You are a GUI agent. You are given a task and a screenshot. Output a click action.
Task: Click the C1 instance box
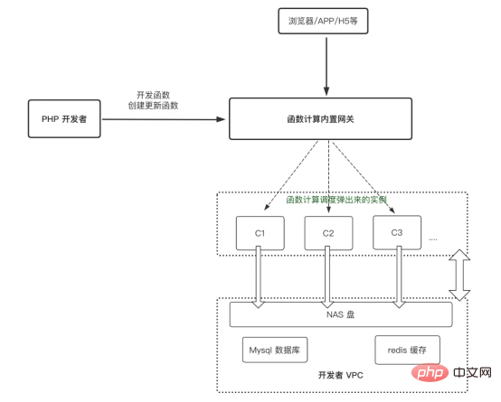tap(260, 232)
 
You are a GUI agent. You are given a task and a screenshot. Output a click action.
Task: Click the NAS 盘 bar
tap(341, 315)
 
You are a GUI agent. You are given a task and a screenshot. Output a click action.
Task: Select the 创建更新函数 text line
tap(153, 106)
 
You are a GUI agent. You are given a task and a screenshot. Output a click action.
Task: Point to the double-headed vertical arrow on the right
tap(459, 276)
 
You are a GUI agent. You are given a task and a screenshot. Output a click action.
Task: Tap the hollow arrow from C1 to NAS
tap(260, 276)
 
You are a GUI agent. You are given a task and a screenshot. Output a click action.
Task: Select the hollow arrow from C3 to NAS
tap(397, 276)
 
